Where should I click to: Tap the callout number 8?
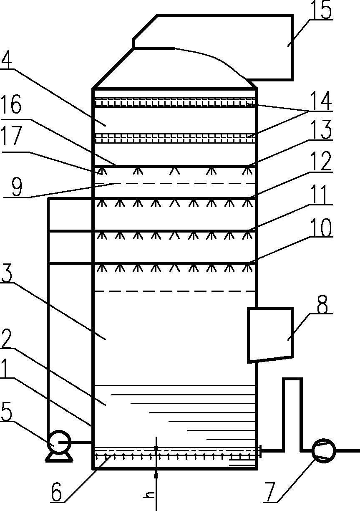(x=322, y=304)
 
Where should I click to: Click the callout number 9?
(x=17, y=187)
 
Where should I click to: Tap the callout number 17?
(x=11, y=136)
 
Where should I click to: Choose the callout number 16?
(x=11, y=104)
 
